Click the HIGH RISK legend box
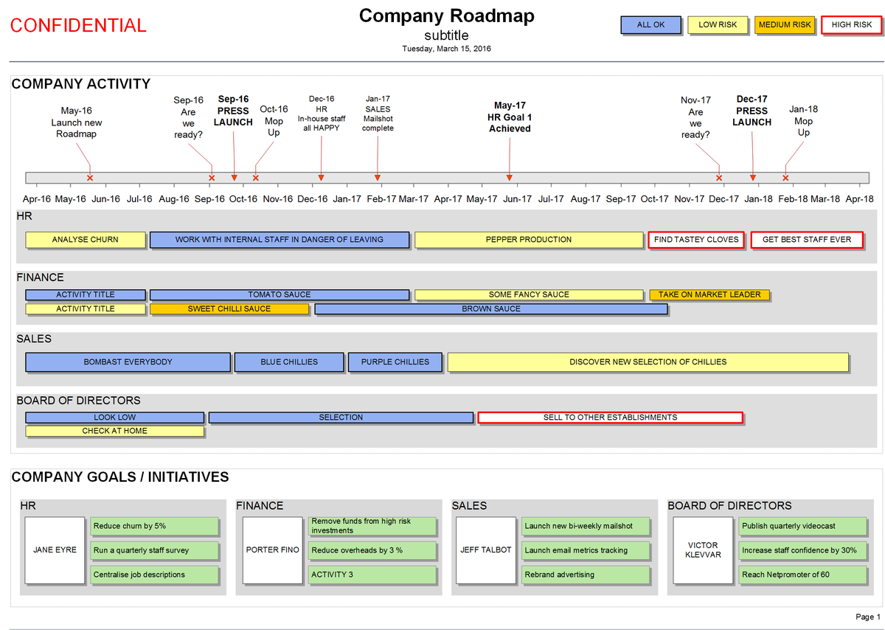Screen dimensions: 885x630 point(852,25)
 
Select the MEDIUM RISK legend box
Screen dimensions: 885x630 point(785,25)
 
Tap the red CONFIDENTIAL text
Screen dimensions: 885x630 point(78,26)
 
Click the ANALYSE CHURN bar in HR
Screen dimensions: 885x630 point(86,240)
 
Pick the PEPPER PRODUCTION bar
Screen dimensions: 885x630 point(529,240)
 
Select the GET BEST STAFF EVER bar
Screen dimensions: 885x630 point(807,240)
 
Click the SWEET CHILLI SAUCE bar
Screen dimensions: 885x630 point(229,309)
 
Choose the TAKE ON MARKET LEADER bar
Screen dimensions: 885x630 point(709,295)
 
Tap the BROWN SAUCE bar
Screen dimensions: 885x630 point(491,309)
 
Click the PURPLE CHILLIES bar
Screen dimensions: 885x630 point(395,362)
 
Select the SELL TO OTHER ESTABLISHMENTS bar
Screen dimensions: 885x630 point(610,418)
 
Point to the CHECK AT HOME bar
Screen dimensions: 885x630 point(115,431)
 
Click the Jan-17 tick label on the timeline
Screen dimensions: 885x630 point(347,198)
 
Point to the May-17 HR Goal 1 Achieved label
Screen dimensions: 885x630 point(510,117)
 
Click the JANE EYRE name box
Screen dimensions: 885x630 point(55,550)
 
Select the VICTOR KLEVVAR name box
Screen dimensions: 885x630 point(703,550)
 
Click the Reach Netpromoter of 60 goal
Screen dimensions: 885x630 point(803,575)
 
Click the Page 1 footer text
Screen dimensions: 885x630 point(868,617)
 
